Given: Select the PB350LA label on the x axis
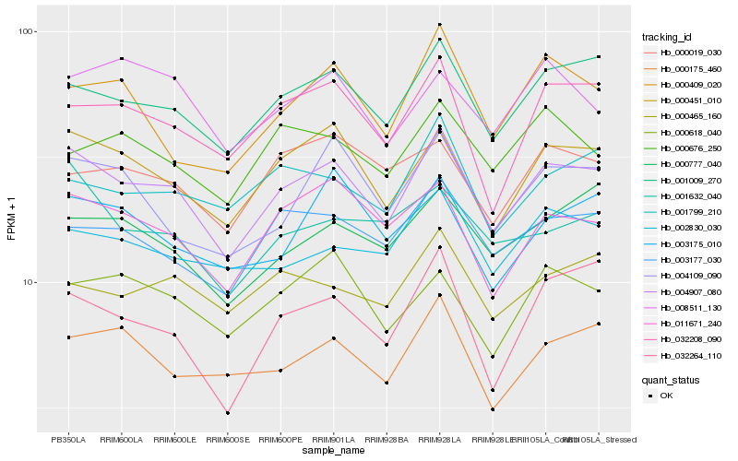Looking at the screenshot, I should (x=68, y=440).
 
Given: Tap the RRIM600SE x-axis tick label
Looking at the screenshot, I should (x=228, y=440).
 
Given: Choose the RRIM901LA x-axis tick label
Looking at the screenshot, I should (x=334, y=440).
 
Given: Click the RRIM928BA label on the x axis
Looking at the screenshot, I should (x=387, y=440).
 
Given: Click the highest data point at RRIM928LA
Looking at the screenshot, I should (x=440, y=24).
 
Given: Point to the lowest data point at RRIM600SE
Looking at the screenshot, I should (x=228, y=412).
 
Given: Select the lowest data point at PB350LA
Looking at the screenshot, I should (x=68, y=337).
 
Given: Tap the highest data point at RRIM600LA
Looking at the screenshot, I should (x=122, y=59).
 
